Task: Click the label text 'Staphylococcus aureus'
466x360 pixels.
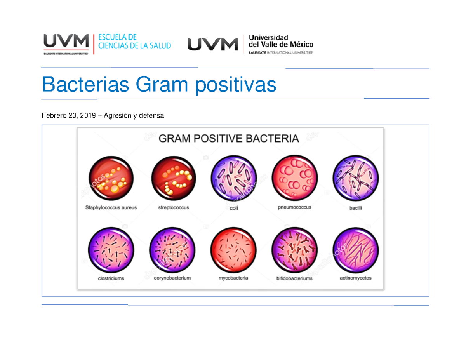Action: [x=111, y=208]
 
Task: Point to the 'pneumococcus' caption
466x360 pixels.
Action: [x=295, y=207]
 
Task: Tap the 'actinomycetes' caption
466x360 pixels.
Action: [x=355, y=278]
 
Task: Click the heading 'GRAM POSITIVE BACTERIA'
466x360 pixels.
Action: [x=229, y=139]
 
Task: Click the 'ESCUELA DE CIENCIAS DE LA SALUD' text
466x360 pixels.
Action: [x=134, y=42]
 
